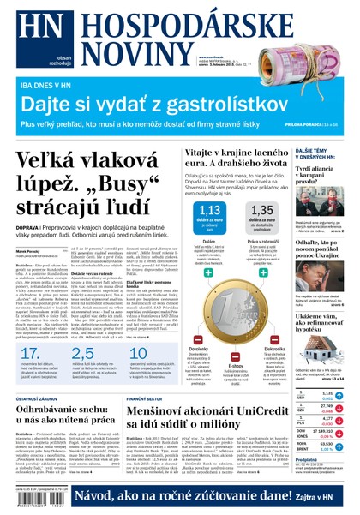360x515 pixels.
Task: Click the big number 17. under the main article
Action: click(28, 330)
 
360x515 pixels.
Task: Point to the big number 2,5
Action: click(83, 330)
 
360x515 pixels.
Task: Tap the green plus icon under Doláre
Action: click(207, 272)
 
